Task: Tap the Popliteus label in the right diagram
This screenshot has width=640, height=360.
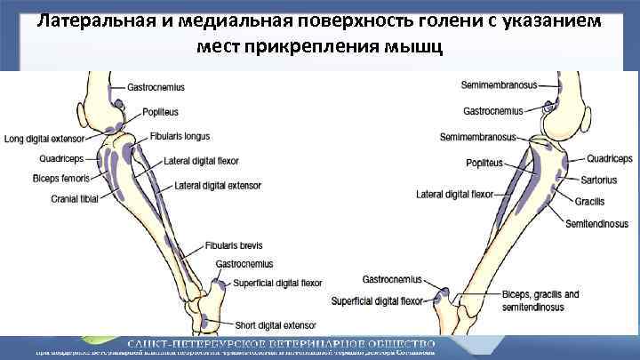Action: click(x=484, y=163)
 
